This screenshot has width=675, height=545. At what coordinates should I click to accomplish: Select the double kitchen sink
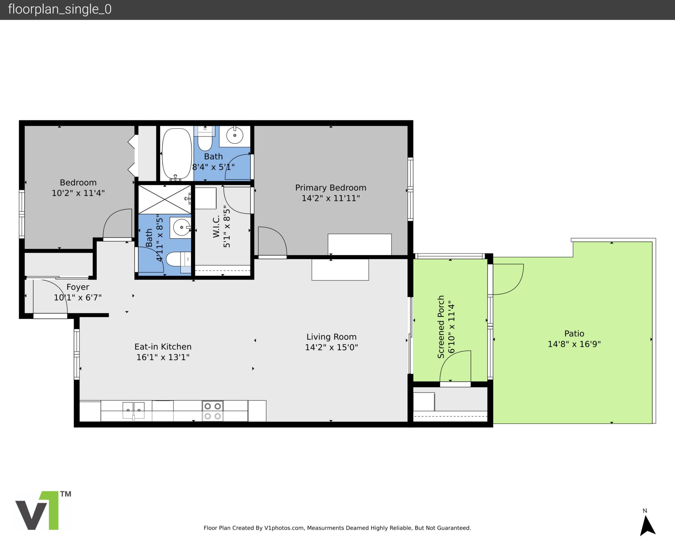[x=134, y=410]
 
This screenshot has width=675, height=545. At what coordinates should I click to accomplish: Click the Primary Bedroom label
[x=331, y=188]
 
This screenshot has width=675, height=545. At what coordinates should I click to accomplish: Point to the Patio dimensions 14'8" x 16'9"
[x=574, y=344]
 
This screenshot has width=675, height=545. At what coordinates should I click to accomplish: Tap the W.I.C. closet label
[x=216, y=226]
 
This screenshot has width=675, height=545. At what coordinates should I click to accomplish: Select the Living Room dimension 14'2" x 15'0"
[x=331, y=347]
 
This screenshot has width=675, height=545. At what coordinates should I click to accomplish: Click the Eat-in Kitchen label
[x=163, y=347]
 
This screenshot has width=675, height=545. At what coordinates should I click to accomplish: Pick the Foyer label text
[x=78, y=287]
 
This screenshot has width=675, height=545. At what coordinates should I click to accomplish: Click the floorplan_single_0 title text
[x=60, y=9]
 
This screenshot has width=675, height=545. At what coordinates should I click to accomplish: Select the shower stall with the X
[x=164, y=200]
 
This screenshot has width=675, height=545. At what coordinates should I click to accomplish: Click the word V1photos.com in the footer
[x=284, y=528]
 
